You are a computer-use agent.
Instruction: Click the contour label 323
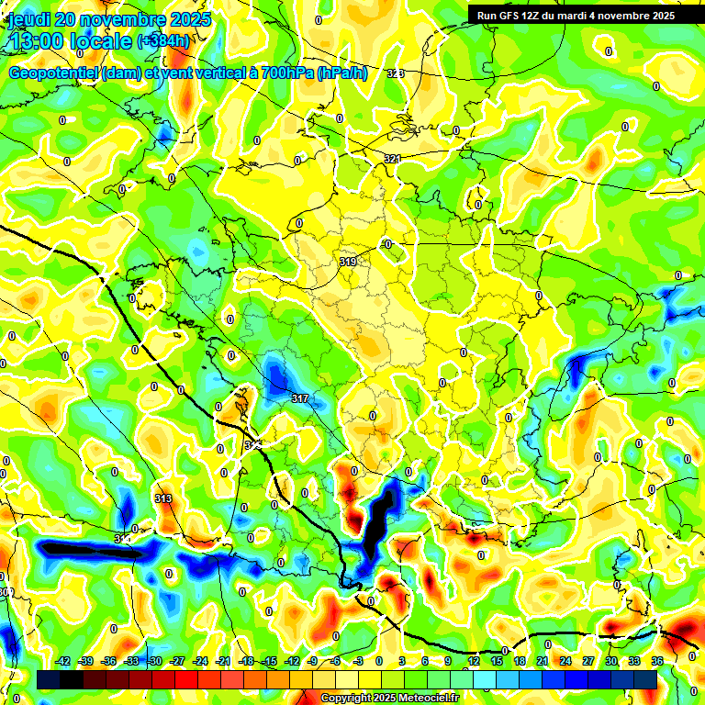395,73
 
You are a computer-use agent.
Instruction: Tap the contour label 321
392,159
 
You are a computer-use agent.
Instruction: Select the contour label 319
348,263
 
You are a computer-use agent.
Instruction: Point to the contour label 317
299,398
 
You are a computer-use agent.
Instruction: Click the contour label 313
163,498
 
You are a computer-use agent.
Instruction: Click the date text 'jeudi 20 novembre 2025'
109,19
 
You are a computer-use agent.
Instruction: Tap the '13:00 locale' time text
70,40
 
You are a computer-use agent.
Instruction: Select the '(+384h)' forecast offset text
163,40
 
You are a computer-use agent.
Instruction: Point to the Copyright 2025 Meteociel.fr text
389,699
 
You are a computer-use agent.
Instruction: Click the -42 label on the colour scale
62,661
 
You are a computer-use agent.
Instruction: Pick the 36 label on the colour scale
657,661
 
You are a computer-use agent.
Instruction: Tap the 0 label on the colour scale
381,661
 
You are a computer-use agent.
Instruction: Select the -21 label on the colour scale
223,661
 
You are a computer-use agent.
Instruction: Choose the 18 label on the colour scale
520,661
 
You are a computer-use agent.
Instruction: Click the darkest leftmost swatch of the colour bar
49,679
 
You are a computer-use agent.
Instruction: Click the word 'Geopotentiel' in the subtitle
53,73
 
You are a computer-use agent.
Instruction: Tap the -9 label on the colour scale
313,661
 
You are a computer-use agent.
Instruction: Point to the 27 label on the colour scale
588,661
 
